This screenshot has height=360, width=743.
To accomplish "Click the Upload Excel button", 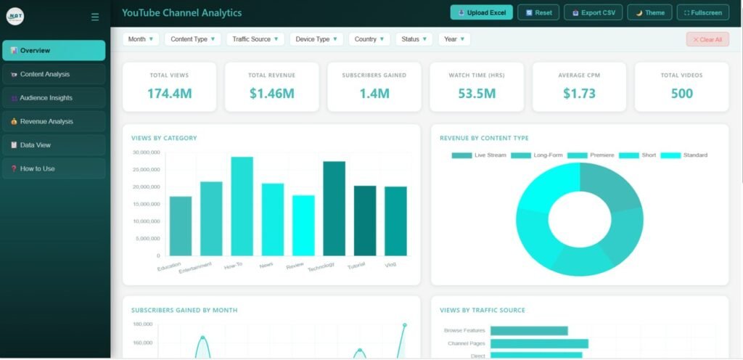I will click(482, 12).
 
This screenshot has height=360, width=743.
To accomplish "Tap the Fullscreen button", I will click(702, 12).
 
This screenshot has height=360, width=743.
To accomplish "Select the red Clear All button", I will click(707, 39).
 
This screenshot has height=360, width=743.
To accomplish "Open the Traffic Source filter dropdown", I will click(255, 39).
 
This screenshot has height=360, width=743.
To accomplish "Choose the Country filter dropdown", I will click(369, 39).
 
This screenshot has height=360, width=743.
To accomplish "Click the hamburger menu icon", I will click(95, 17).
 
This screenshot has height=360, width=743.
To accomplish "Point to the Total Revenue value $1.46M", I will click(271, 94).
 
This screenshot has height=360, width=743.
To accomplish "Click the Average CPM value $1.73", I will click(578, 94).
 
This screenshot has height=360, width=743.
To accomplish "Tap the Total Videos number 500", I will click(681, 94).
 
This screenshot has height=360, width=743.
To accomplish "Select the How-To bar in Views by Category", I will click(242, 206).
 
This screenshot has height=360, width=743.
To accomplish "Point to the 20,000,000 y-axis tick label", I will click(146, 187).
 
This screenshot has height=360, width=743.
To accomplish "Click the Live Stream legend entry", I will click(479, 155).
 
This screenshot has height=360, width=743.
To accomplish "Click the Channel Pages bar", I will click(539, 343).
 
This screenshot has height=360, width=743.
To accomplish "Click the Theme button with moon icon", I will click(649, 12).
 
